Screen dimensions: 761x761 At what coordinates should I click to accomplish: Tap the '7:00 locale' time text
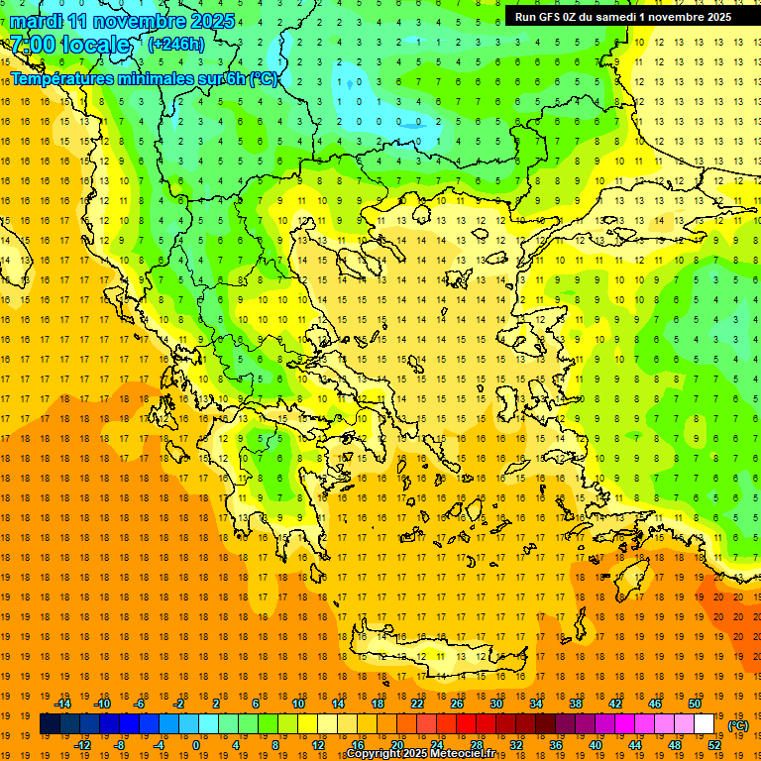[x=69, y=45]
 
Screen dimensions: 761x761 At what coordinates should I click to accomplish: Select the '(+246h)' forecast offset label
[x=175, y=44]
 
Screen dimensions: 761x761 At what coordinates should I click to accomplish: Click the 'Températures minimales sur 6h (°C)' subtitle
[x=145, y=79]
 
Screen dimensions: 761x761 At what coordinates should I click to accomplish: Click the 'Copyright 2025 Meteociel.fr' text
[x=434, y=754]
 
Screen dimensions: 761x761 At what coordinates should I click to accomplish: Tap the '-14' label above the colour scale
[x=62, y=704]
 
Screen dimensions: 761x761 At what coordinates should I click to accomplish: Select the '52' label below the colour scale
[x=714, y=744]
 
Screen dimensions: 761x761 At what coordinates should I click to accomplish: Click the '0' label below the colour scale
[x=196, y=744]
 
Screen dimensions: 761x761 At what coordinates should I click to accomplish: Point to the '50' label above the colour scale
[x=694, y=704]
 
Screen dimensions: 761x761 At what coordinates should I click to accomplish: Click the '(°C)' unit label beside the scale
[x=738, y=725]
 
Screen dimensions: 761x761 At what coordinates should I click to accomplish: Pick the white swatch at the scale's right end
[x=704, y=724]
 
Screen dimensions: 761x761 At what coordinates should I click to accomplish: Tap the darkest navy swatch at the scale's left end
[x=50, y=724]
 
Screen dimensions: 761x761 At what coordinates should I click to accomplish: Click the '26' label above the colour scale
[x=457, y=704]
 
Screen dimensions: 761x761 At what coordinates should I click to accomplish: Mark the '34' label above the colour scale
[x=536, y=704]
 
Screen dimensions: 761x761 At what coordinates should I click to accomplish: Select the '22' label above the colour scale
[x=417, y=704]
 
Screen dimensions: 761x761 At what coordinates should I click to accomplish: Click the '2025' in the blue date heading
[x=212, y=21]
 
